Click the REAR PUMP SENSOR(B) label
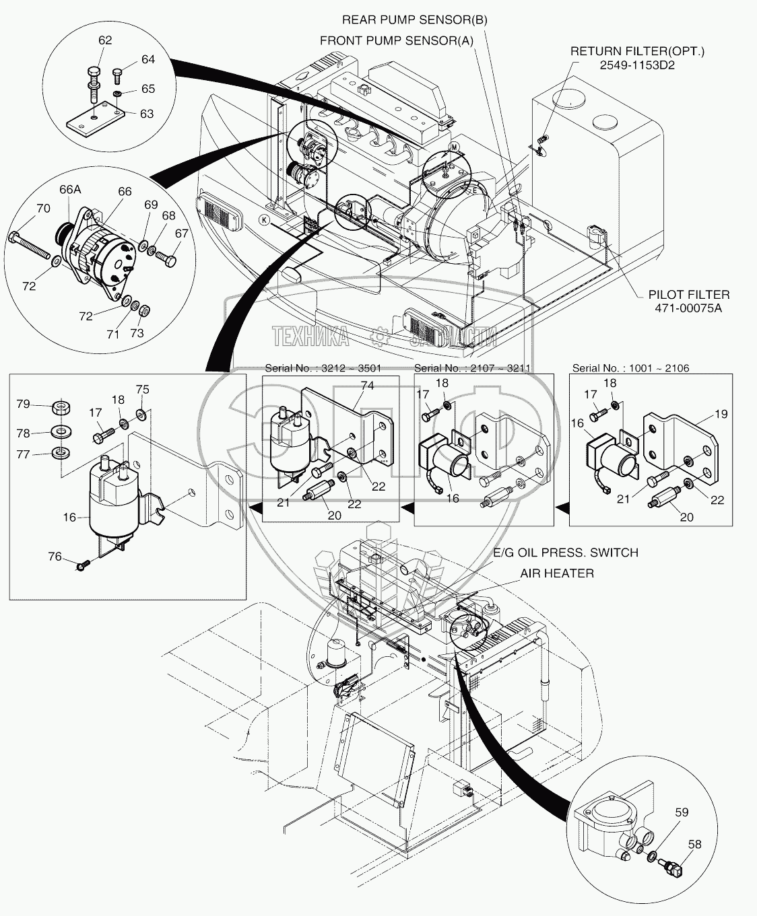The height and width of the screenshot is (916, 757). [414, 20]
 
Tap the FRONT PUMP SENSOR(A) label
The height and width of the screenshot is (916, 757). [397, 40]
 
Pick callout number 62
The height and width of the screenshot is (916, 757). [105, 40]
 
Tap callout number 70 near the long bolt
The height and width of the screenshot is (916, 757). [42, 209]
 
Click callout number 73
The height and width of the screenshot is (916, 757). [137, 334]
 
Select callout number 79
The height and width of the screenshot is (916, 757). [24, 404]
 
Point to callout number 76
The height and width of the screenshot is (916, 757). [54, 557]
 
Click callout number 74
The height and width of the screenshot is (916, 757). [366, 386]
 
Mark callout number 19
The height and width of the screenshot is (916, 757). [721, 415]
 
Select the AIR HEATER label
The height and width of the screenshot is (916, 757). [556, 573]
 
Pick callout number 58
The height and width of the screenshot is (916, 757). [694, 843]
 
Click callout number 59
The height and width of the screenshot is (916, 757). [682, 812]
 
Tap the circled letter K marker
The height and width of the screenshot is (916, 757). [265, 220]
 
